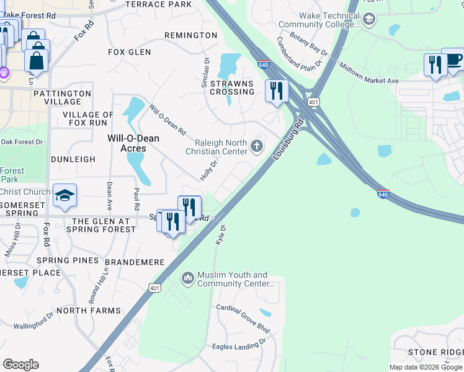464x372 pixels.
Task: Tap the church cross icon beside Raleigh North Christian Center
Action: coord(257,147)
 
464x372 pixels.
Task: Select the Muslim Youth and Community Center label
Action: coord(232,279)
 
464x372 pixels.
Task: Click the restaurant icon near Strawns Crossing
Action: coord(276,90)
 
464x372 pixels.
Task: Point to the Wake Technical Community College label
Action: coord(328,20)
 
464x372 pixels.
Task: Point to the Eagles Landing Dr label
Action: coord(239,345)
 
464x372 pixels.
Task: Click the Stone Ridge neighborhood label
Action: coord(435,352)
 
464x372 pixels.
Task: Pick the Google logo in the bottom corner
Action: coord(20,365)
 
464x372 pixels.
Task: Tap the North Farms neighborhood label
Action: coord(89,310)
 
